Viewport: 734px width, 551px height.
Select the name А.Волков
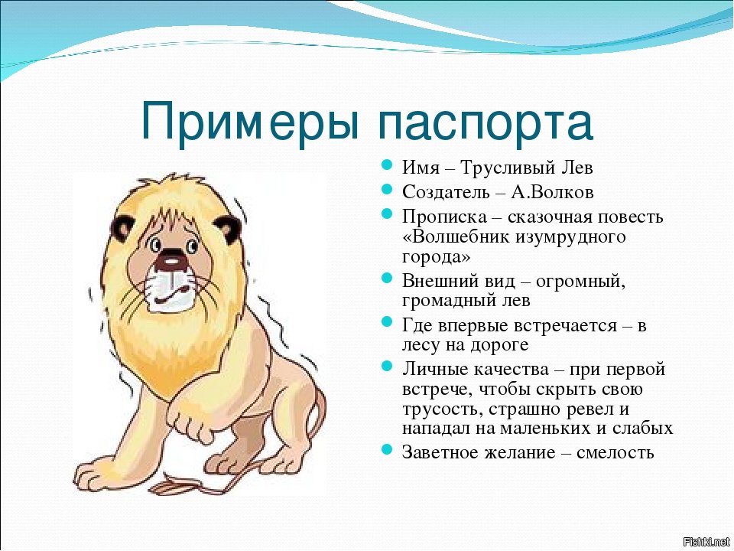click(x=552, y=192)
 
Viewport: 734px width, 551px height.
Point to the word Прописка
click(x=444, y=217)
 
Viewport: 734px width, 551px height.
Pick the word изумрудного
click(x=570, y=237)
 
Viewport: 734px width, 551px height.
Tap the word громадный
click(x=449, y=300)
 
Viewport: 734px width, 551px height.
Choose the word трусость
click(x=443, y=409)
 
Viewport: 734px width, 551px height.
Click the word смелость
click(x=615, y=452)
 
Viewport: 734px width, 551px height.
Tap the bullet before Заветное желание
click(x=386, y=450)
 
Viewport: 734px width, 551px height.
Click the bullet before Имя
click(x=386, y=165)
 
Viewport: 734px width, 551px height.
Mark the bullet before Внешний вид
click(x=386, y=279)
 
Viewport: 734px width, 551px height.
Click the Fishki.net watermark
click(x=707, y=543)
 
